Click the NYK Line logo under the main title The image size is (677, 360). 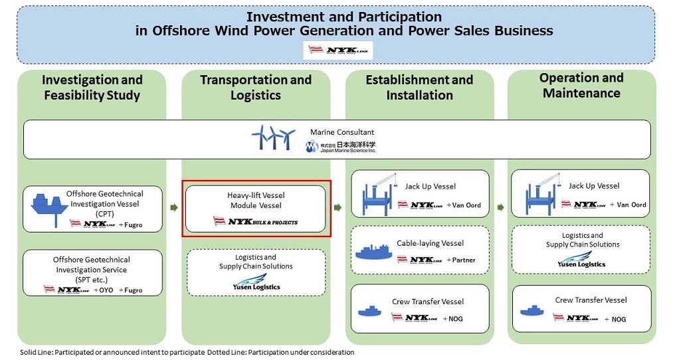(338, 50)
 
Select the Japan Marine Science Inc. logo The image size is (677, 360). (341, 147)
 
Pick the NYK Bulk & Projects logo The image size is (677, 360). (256, 221)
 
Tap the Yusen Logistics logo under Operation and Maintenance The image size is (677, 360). (581, 259)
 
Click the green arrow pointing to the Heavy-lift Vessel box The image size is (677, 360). (174, 208)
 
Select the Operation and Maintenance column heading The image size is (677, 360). (581, 86)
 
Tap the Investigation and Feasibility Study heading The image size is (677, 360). (92, 88)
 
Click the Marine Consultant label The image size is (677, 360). (342, 132)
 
